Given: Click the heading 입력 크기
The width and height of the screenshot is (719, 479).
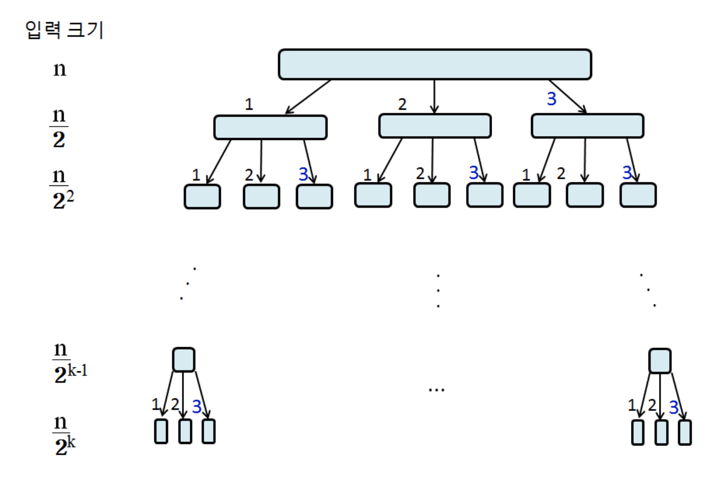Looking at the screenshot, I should (64, 30).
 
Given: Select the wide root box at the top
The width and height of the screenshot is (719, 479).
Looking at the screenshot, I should (435, 65).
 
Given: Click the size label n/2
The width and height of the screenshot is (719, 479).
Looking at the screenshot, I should (59, 128).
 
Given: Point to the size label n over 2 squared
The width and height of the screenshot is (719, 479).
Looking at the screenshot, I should (62, 189).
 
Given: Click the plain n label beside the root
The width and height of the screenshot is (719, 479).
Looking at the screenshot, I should (59, 69).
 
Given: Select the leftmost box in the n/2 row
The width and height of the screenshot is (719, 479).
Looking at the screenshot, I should (270, 128).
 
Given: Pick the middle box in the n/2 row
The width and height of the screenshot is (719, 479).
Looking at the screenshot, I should (435, 126).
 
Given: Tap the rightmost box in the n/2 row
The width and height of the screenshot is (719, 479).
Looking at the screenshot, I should (588, 126).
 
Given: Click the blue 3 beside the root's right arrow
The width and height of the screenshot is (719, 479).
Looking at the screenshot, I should (551, 99).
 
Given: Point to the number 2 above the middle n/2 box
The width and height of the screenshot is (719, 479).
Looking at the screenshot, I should (402, 104).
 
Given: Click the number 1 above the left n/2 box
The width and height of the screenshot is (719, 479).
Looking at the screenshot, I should (249, 104).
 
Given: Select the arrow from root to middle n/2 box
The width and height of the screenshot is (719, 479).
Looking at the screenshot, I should (434, 96).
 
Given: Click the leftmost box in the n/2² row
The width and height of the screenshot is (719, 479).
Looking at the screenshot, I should (202, 197).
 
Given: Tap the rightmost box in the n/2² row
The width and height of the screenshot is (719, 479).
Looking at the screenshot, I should (638, 195).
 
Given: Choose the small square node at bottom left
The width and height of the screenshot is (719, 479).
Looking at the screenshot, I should (183, 360).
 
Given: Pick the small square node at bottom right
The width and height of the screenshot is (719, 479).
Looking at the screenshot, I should (660, 361).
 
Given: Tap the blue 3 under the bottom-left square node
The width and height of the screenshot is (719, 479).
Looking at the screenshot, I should (197, 406).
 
